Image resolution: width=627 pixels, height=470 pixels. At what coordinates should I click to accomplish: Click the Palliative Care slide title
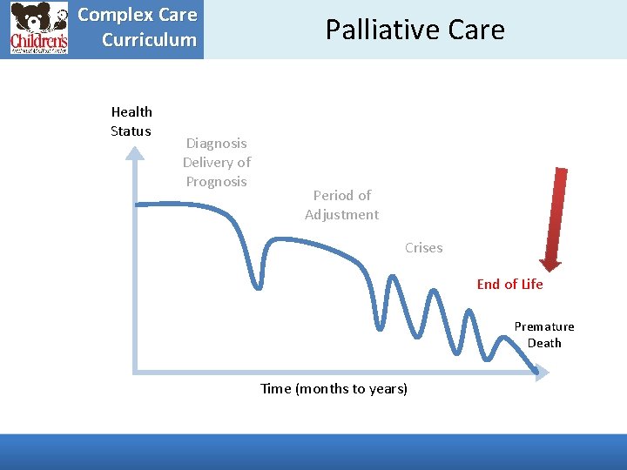(x=415, y=30)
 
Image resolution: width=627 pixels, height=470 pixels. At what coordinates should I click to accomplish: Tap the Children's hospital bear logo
(x=38, y=29)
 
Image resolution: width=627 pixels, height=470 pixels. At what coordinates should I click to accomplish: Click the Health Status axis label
(x=131, y=121)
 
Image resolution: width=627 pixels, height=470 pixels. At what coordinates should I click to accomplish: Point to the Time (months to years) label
(x=334, y=388)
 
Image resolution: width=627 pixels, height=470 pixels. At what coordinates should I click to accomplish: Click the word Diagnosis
(x=217, y=143)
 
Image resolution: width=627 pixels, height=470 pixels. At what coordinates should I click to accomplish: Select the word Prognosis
(x=217, y=181)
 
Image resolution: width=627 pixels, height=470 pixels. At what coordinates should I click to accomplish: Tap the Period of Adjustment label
(x=341, y=205)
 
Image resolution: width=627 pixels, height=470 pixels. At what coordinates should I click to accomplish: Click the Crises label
(x=423, y=247)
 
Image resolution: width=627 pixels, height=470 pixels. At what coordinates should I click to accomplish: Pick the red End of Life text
(x=509, y=284)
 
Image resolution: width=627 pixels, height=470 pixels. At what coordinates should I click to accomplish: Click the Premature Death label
(x=543, y=334)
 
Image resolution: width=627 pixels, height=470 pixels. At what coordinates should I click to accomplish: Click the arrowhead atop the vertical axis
(x=135, y=153)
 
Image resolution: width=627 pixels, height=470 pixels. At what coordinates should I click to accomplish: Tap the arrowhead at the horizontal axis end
(x=543, y=373)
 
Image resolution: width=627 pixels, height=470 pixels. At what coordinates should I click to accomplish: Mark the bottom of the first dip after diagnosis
(x=259, y=286)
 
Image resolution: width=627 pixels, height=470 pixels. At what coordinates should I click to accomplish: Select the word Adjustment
(x=341, y=214)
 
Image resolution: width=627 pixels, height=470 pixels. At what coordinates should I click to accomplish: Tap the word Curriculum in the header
(x=149, y=39)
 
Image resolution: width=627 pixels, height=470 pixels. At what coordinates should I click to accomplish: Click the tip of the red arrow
(x=549, y=268)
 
